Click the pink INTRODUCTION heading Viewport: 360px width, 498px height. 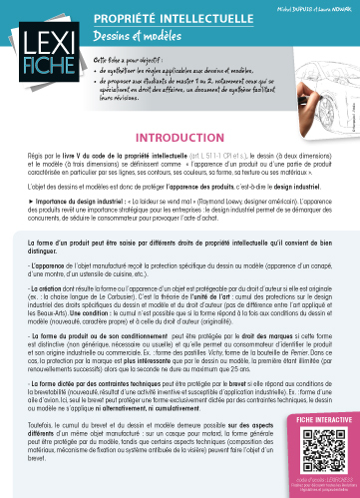(x=179, y=138)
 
